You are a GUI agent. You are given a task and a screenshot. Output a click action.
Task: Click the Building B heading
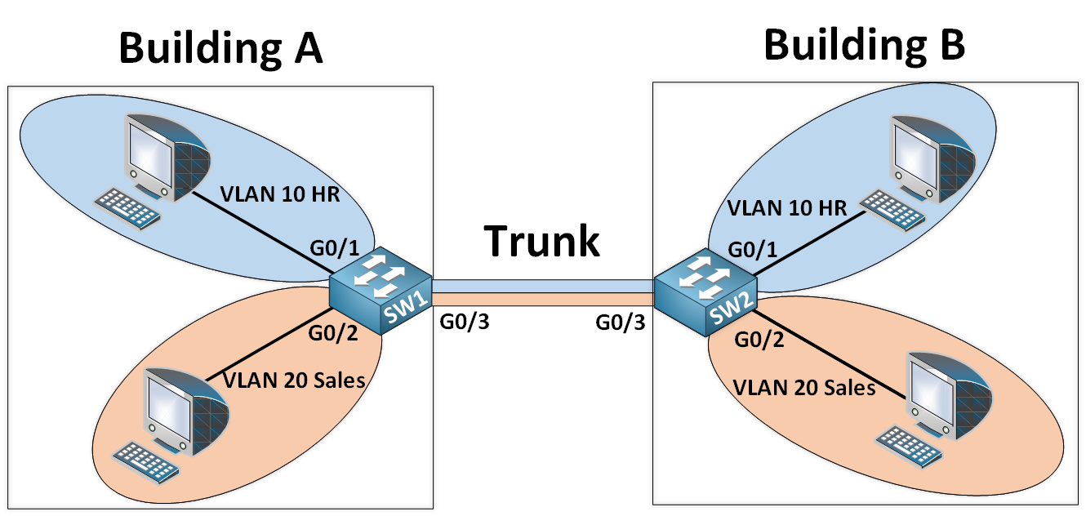tap(864, 45)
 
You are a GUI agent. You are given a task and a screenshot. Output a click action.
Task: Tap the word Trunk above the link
tap(542, 241)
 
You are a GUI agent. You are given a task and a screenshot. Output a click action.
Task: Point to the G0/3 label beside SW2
tap(621, 322)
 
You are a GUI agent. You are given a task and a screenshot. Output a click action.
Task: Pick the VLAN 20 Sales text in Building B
tap(804, 387)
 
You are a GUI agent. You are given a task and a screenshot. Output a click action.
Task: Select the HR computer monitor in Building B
tap(928, 151)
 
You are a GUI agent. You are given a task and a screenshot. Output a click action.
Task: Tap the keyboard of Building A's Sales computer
tap(146, 460)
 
